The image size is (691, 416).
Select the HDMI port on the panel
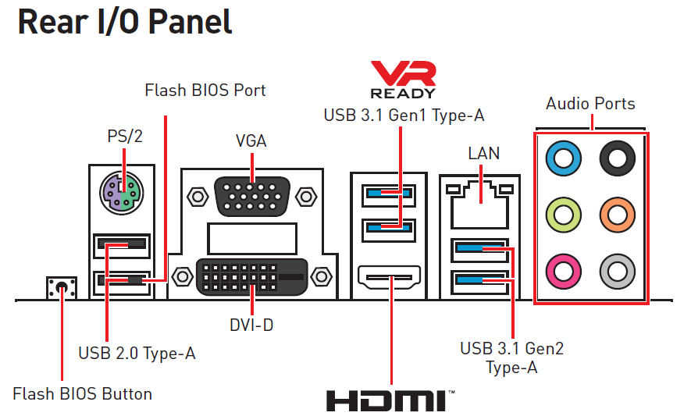(x=389, y=276)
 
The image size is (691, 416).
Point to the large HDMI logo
(x=389, y=400)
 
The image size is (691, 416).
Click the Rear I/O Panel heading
(x=125, y=23)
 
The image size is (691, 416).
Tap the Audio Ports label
(x=590, y=104)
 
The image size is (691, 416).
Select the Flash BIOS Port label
(x=205, y=91)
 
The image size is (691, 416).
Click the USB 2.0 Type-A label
(x=137, y=354)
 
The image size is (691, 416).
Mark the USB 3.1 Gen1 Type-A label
(x=404, y=116)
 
